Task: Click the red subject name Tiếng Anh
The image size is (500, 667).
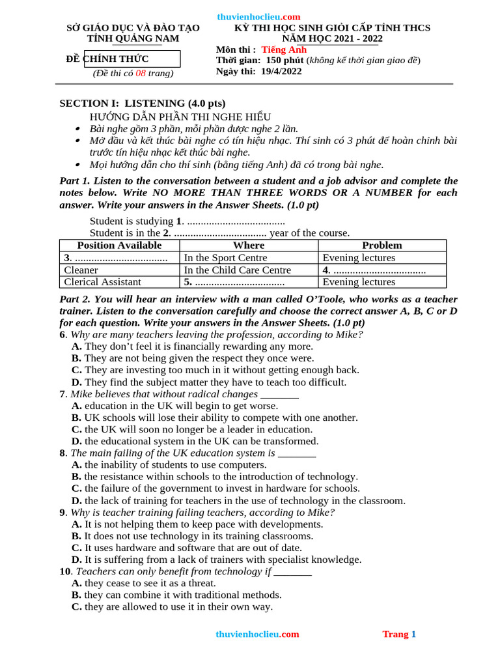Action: (284, 50)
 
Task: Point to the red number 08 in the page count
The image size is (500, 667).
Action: (140, 73)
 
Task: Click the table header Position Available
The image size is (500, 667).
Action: (119, 246)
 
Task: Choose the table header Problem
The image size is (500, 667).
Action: (382, 246)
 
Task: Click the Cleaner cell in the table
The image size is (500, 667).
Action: (81, 270)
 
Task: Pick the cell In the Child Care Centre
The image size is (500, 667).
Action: (238, 270)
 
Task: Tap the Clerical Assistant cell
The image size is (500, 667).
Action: (103, 282)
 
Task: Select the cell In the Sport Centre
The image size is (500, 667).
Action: (226, 258)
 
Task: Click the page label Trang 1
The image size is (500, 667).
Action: (399, 634)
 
